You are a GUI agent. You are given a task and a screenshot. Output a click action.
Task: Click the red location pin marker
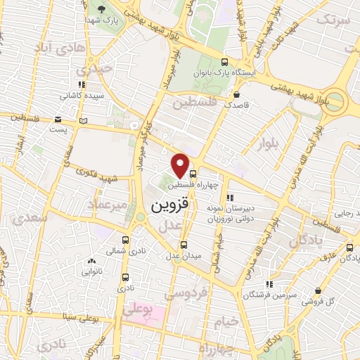point(181,165)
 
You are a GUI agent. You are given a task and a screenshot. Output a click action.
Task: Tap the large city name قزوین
point(170,207)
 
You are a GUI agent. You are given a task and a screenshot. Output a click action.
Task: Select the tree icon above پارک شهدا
point(101,9)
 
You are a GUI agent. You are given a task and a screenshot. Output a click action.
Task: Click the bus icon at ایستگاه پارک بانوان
point(224,62)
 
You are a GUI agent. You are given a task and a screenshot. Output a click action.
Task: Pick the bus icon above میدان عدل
point(184,245)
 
